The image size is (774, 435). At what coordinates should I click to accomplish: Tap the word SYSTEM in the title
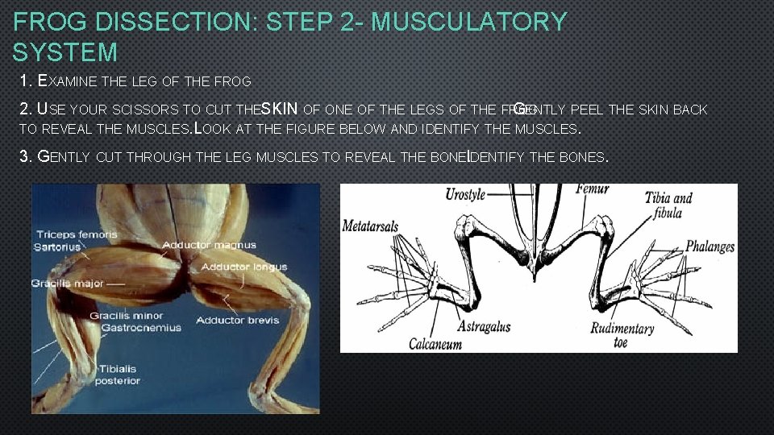pos(65,53)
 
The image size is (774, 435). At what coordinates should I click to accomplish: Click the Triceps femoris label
pos(77,234)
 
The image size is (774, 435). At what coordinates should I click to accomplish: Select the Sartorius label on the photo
pos(57,246)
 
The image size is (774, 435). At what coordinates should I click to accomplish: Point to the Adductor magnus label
pos(210,245)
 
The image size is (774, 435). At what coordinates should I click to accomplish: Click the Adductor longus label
pos(244,267)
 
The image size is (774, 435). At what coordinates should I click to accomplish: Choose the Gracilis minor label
pos(127,316)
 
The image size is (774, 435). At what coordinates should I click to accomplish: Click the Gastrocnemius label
pos(135,327)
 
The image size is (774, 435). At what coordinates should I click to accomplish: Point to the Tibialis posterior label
pos(118,375)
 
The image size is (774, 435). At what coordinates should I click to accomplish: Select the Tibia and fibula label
pos(668,205)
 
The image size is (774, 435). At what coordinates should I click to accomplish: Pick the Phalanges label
pos(709,247)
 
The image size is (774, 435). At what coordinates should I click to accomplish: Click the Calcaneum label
pos(435,343)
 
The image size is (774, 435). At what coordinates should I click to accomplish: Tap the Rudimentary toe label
pos(622,335)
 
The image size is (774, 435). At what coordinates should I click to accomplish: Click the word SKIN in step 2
pos(281,109)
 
